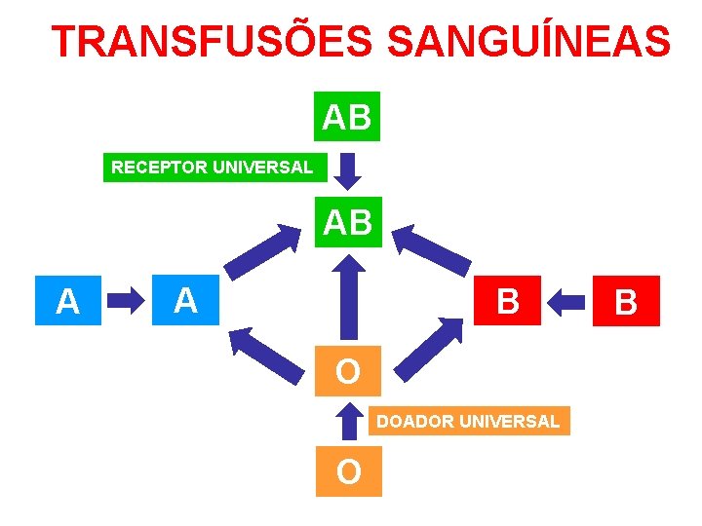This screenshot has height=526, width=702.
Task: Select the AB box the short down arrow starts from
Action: tap(347, 117)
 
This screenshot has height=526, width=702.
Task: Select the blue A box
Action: tap(67, 301)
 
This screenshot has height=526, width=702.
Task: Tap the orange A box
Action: tap(185, 300)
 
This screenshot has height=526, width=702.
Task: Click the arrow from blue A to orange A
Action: tap(124, 301)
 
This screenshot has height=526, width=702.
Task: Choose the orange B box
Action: tap(507, 301)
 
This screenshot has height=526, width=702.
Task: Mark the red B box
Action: tap(626, 301)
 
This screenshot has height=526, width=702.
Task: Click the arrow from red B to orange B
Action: tap(567, 301)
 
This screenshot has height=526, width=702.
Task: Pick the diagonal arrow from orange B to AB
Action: tap(437, 251)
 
